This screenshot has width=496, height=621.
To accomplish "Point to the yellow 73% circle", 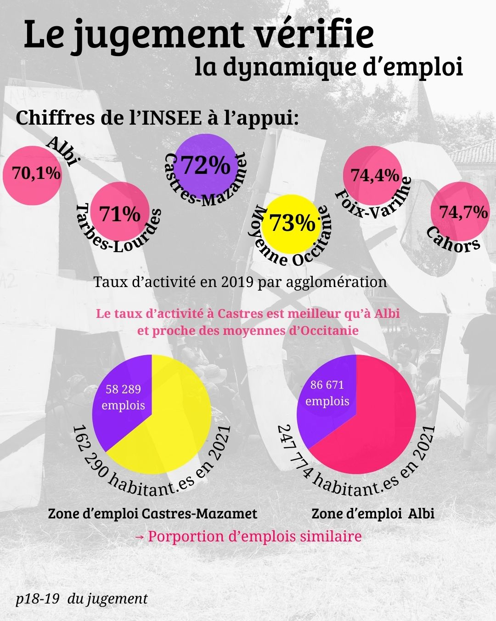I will [x=292, y=223].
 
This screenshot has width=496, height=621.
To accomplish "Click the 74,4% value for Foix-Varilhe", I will [x=375, y=175].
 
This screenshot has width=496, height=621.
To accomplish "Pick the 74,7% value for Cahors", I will [x=463, y=212].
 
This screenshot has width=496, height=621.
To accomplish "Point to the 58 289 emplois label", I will [x=123, y=397].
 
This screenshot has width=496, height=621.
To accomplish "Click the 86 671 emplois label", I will [x=327, y=393].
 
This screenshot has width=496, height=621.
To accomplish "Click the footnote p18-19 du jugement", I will [x=81, y=598].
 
